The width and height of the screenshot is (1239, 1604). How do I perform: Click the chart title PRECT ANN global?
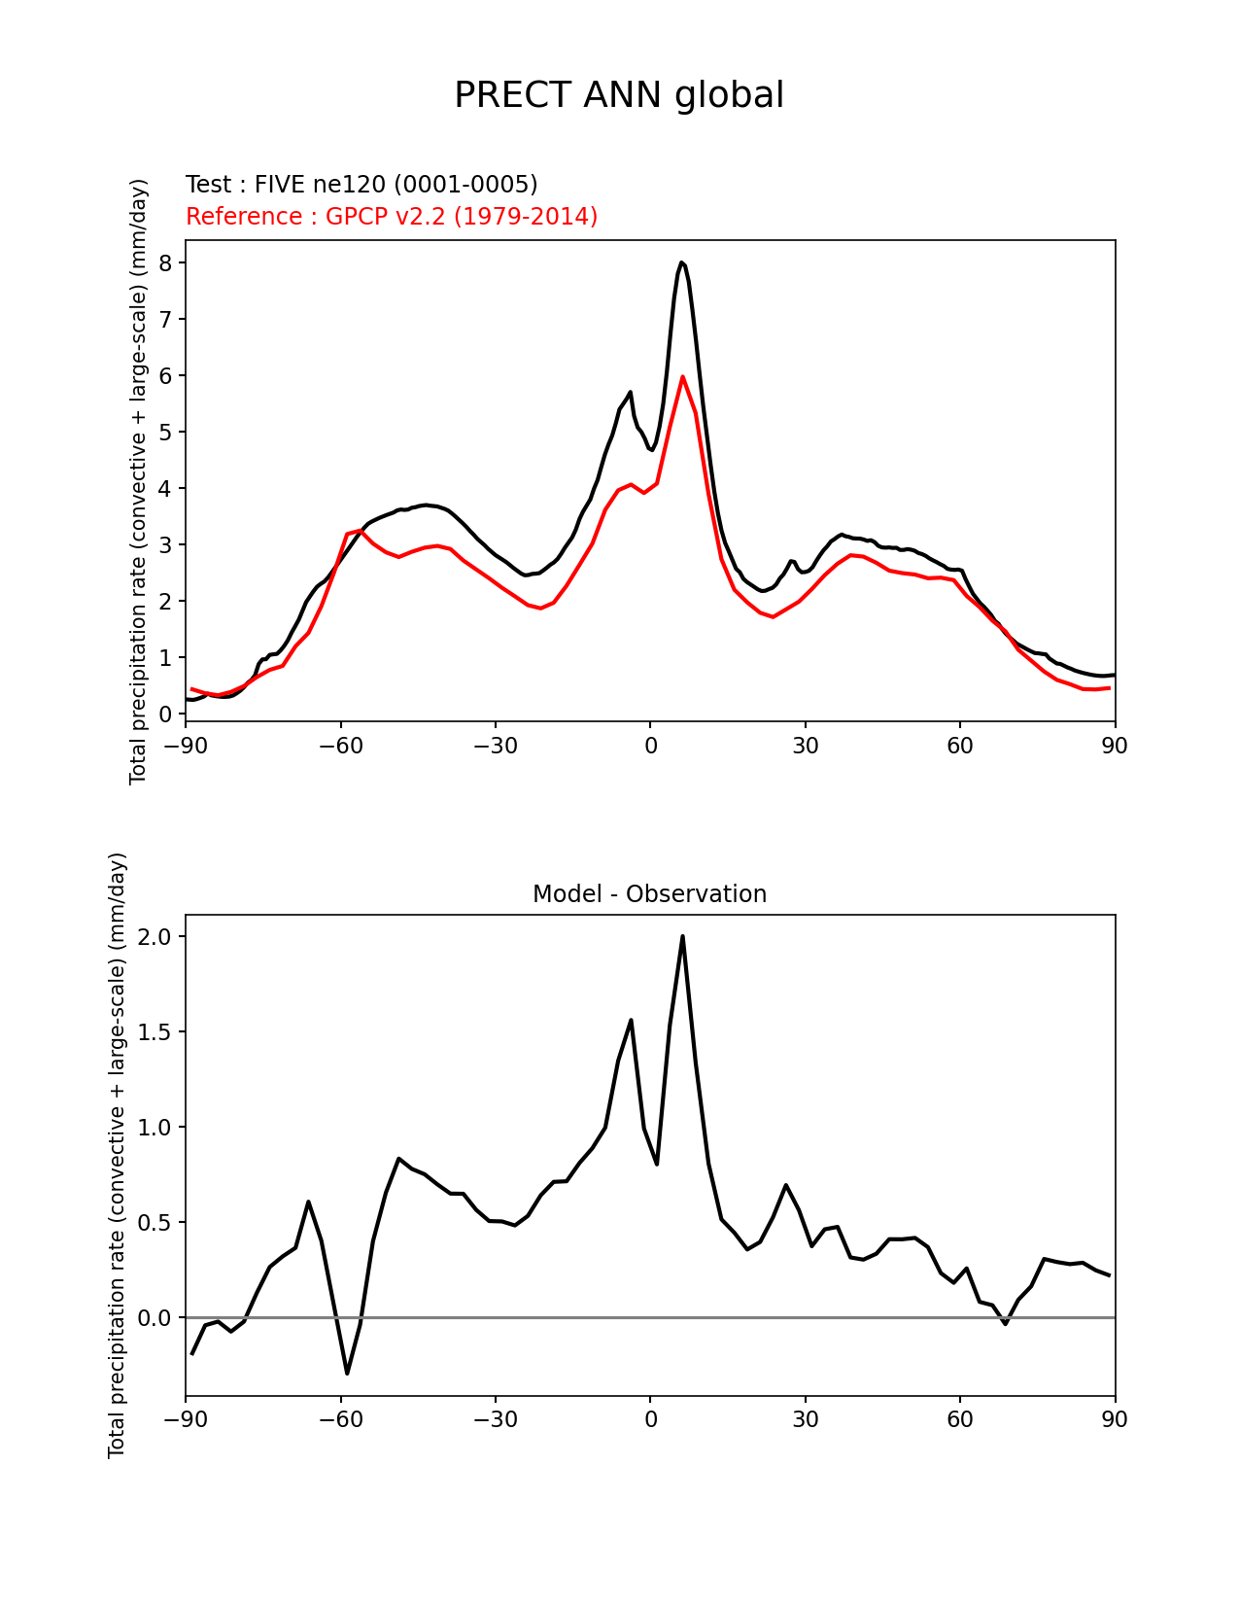[619, 95]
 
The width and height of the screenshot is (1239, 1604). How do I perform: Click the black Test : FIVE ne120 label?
[361, 185]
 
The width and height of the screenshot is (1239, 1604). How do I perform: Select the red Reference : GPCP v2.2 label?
[392, 216]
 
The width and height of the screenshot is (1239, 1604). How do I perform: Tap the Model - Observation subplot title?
[649, 894]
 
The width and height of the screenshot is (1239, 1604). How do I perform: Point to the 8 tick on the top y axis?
[165, 263]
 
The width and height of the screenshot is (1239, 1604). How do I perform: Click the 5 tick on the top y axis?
[165, 432]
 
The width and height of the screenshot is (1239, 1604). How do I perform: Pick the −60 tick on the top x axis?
[340, 746]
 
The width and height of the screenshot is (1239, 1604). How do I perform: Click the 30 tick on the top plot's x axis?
[805, 746]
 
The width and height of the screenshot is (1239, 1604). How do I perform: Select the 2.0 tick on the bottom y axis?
[155, 937]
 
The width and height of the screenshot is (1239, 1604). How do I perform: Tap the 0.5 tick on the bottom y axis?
[155, 1223]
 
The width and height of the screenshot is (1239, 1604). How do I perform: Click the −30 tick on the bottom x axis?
[495, 1419]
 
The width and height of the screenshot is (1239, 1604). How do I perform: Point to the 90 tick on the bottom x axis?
[1115, 1419]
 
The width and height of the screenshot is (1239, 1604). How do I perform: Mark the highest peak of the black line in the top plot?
[681, 262]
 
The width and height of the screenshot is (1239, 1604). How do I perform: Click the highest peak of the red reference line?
[682, 376]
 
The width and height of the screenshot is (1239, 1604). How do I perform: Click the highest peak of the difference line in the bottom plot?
[682, 936]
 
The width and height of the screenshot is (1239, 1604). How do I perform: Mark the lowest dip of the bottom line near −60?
[347, 1373]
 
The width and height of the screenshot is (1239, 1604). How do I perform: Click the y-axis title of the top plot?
[139, 481]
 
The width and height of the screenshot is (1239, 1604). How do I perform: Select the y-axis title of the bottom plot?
[118, 1155]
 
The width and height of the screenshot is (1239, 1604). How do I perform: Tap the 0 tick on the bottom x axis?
[650, 1419]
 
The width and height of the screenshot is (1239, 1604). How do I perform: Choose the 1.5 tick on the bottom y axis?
[155, 1032]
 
